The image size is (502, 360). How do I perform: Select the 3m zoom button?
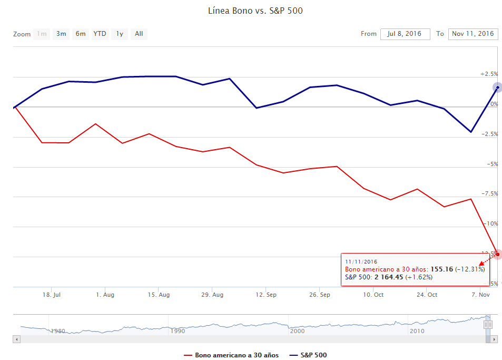61,34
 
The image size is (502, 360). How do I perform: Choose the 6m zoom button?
80,34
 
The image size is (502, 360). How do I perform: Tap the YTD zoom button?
100,34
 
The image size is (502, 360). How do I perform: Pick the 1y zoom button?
120,34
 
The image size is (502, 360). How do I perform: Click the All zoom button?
139,34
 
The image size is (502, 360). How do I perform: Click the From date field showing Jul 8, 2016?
405,34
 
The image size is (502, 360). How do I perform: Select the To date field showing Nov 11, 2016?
473,34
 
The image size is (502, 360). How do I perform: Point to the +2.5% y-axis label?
488,74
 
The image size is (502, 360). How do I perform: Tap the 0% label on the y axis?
494,104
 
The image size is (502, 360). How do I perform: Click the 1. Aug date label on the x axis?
105,294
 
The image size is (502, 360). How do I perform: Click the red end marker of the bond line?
497,254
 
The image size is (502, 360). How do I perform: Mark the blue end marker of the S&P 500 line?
497,87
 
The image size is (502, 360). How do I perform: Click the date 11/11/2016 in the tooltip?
361,261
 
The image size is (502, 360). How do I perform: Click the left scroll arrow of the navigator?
17,339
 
